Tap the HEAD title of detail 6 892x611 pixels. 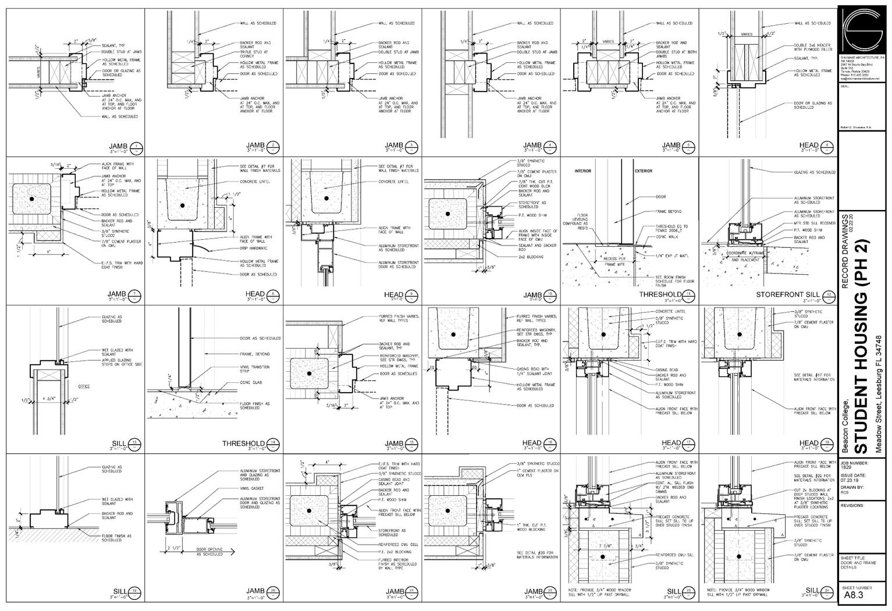(x=808, y=145)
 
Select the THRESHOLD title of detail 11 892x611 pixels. (x=660, y=295)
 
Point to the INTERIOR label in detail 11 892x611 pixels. (x=583, y=172)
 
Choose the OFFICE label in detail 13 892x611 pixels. (x=84, y=386)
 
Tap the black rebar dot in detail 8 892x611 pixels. (x=182, y=206)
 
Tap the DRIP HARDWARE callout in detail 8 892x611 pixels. (x=254, y=248)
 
